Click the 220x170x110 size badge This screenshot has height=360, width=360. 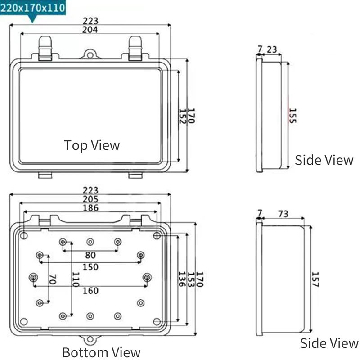click(33, 8)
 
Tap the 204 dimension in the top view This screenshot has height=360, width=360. click(90, 30)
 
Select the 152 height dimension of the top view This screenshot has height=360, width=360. click(182, 116)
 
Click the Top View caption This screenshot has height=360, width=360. click(92, 145)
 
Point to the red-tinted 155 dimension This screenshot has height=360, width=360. click(292, 116)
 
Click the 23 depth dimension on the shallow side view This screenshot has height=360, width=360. click(272, 49)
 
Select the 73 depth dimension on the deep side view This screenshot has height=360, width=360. click(283, 214)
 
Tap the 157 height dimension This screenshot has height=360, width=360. click(315, 279)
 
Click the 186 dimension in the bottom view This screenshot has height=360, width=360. click(90, 208)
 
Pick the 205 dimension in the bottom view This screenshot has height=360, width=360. click(90, 199)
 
